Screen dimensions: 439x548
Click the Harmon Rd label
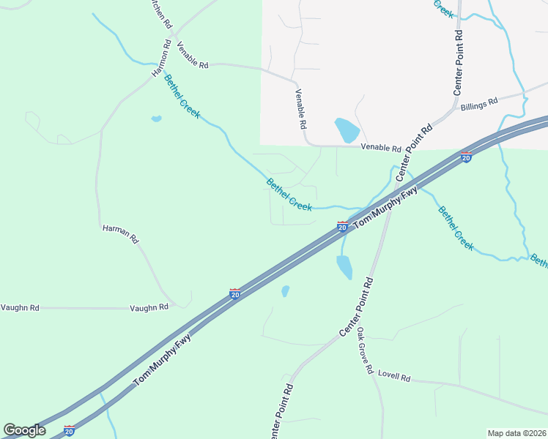click(x=161, y=59)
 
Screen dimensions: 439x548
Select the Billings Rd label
click(x=479, y=104)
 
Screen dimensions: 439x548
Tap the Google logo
click(x=24, y=430)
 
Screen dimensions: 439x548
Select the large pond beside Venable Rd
click(x=347, y=130)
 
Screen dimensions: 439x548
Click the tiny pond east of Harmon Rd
click(x=156, y=119)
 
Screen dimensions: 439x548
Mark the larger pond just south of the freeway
click(x=344, y=266)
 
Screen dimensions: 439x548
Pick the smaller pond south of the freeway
click(x=285, y=291)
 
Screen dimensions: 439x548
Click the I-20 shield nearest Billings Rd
click(x=466, y=157)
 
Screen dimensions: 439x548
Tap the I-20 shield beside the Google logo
click(x=69, y=430)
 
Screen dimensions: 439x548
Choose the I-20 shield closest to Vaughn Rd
click(x=234, y=293)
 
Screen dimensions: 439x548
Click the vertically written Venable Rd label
click(x=300, y=109)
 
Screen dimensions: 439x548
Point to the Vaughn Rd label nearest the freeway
click(x=149, y=307)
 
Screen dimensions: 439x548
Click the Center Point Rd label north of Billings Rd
click(x=458, y=62)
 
